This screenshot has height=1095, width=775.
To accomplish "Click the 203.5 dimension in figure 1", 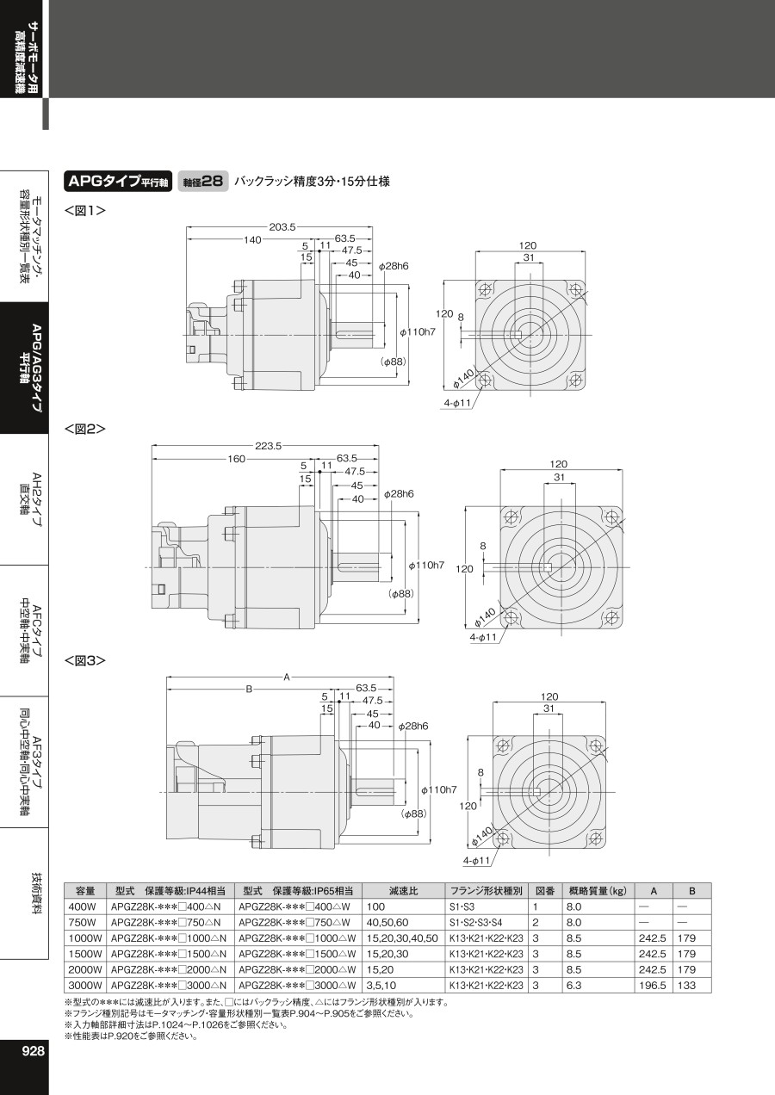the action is [x=282, y=226].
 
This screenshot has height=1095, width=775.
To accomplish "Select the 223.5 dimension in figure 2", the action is [x=268, y=446].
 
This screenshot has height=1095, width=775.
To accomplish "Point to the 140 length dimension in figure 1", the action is [x=252, y=239].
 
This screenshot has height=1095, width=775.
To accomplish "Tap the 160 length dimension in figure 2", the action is [x=236, y=459].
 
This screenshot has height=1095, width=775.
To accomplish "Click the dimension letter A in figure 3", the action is [x=287, y=677].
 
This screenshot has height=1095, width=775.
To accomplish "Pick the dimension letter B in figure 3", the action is [x=249, y=690].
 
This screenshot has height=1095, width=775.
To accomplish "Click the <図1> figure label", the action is [x=85, y=211].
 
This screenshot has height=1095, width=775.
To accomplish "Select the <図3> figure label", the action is [x=85, y=661].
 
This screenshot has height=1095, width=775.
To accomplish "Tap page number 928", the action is [x=33, y=1051].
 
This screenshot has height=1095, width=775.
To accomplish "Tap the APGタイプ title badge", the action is [x=118, y=182].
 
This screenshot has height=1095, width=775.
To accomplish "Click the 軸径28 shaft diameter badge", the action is [x=203, y=182].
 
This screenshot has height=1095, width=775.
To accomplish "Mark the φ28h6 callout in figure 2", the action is [x=399, y=494].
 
